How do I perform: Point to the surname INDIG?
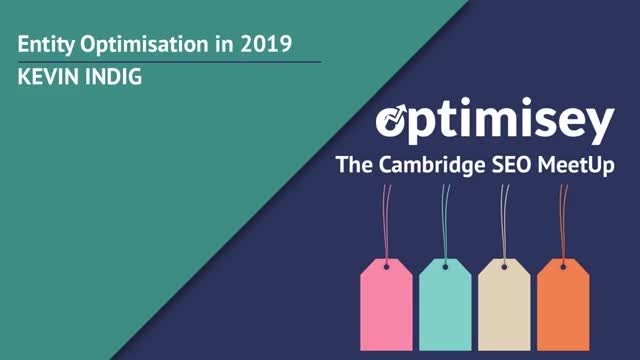pos(112,77)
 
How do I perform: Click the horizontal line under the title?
pos(170,62)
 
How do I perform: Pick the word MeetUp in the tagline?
pos(569,165)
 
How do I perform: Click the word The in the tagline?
pos(351,165)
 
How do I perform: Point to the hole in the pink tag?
pos(385,266)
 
